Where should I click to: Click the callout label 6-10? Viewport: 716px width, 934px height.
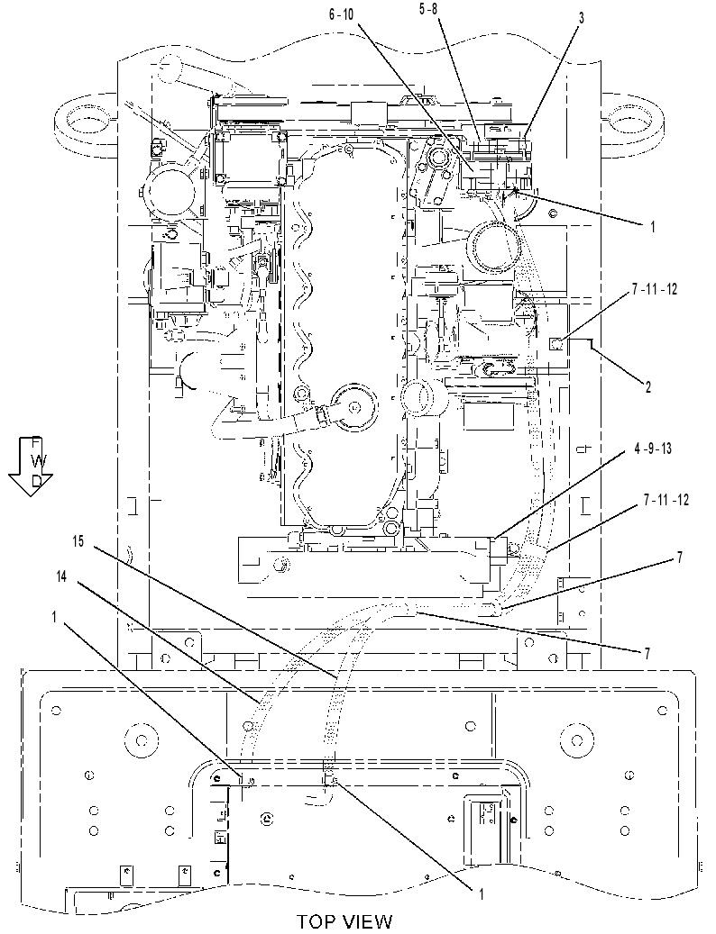(x=342, y=15)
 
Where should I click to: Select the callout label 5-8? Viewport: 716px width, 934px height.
(x=428, y=10)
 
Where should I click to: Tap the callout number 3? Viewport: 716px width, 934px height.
(x=582, y=19)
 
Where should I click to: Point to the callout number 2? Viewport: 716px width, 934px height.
(x=647, y=387)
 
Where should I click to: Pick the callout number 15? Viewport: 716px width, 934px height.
(x=78, y=541)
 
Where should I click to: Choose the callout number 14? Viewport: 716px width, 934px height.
(x=62, y=576)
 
